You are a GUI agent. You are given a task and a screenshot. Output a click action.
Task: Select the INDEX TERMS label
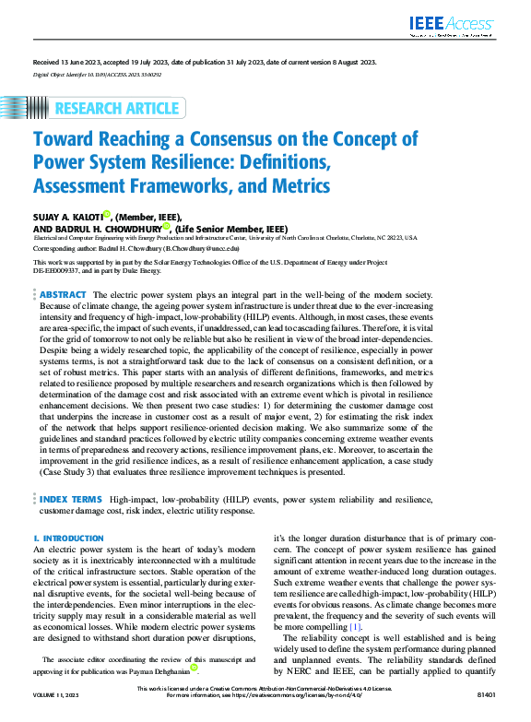70,499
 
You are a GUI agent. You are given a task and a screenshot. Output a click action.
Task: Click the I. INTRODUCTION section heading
68,539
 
